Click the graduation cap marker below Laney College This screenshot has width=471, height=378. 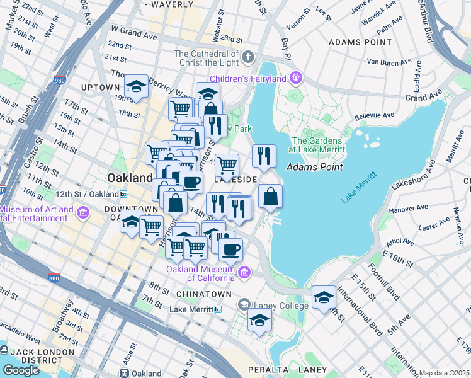point(259,320)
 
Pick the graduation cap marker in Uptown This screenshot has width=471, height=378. point(135,87)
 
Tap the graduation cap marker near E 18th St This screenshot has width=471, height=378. point(324,296)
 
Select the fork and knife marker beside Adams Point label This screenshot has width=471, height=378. point(263,156)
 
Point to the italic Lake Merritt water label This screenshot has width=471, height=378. point(358,190)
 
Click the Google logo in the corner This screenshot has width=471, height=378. point(21,370)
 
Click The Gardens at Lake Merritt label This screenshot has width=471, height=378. point(317,145)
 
